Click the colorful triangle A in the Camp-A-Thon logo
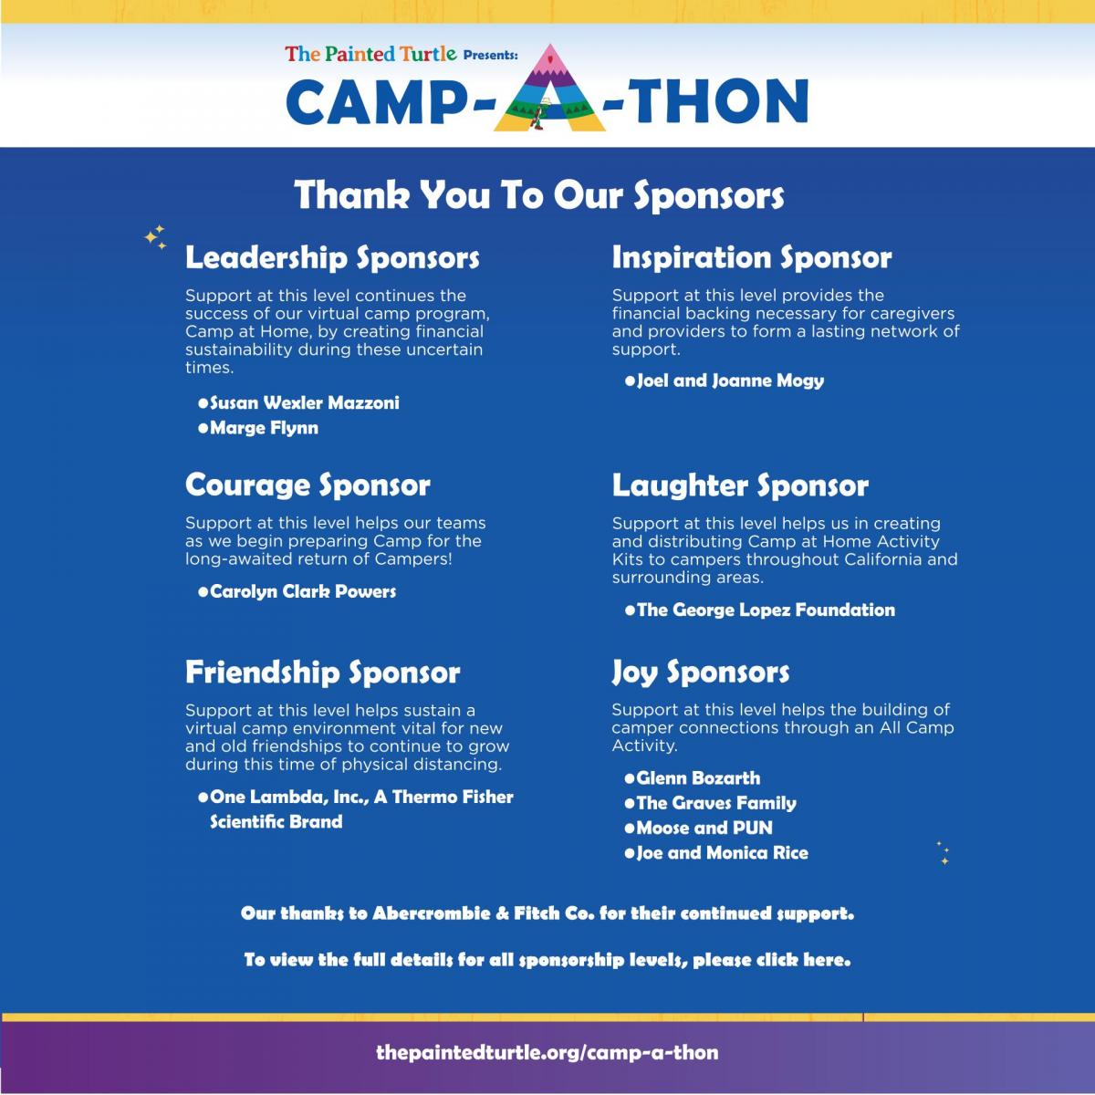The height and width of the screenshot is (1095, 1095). click(x=549, y=91)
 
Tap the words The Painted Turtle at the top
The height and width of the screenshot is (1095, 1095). click(x=370, y=54)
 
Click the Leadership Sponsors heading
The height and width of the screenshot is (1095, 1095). click(x=332, y=257)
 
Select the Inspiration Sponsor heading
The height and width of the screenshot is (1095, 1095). click(x=752, y=257)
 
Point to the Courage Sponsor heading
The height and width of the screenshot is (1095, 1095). click(x=308, y=485)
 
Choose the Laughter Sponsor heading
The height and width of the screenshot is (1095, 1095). click(x=740, y=485)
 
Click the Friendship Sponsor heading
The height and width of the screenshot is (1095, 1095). click(x=323, y=673)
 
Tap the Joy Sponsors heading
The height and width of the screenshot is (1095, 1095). click(x=701, y=673)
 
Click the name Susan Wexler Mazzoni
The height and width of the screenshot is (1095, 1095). click(x=305, y=403)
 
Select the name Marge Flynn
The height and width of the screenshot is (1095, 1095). click(x=265, y=428)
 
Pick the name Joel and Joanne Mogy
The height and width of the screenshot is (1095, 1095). click(x=730, y=381)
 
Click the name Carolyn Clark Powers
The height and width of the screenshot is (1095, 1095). click(x=303, y=591)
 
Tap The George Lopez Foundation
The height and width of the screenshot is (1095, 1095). click(x=766, y=610)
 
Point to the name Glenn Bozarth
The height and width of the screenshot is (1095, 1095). click(x=698, y=778)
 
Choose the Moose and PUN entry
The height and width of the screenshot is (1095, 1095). click(x=704, y=828)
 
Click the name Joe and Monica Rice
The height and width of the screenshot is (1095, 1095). click(x=722, y=853)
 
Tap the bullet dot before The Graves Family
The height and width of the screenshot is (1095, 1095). click(x=629, y=804)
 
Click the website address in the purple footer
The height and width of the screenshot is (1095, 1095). click(x=547, y=1052)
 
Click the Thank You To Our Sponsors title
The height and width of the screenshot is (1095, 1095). click(x=539, y=195)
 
